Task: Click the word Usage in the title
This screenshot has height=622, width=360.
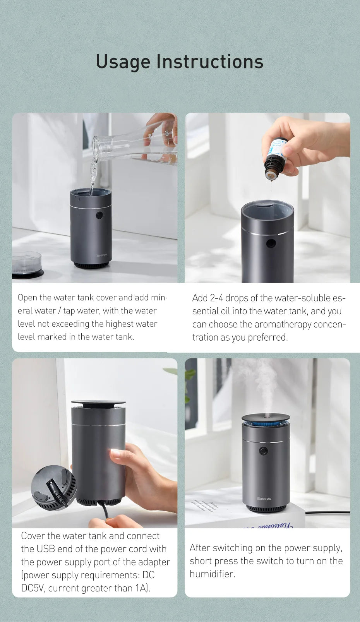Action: click(x=123, y=62)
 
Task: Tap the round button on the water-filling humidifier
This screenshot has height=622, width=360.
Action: click(x=99, y=215)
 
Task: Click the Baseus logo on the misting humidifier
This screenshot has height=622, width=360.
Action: click(x=264, y=499)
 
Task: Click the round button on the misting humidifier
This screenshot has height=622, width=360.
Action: click(x=264, y=451)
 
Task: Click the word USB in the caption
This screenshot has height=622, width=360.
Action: click(x=46, y=549)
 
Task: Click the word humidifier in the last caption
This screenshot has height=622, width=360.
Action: click(x=212, y=574)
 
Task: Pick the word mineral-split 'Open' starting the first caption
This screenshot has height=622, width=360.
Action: click(x=27, y=298)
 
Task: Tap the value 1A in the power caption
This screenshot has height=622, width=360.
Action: click(x=141, y=588)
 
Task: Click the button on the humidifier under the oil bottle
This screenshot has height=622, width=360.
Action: click(x=271, y=243)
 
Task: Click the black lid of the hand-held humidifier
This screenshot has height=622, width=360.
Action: click(x=98, y=403)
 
